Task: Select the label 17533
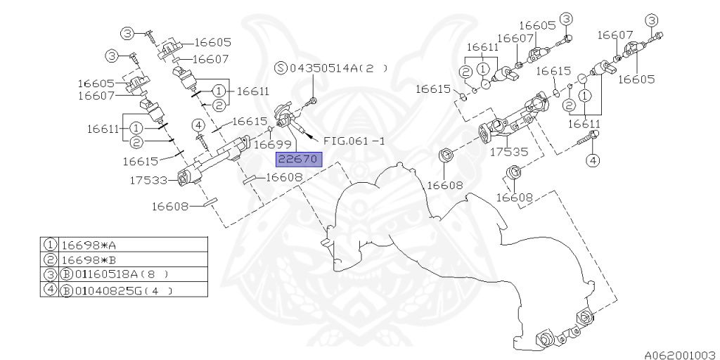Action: pyautogui.click(x=148, y=180)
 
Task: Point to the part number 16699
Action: pyautogui.click(x=269, y=145)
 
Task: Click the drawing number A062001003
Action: pyautogui.click(x=679, y=354)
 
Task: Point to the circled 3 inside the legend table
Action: pyautogui.click(x=51, y=274)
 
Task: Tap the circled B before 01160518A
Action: pyautogui.click(x=65, y=274)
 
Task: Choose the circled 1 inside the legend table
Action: pyautogui.click(x=51, y=245)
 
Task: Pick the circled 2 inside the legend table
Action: pyautogui.click(x=51, y=259)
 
